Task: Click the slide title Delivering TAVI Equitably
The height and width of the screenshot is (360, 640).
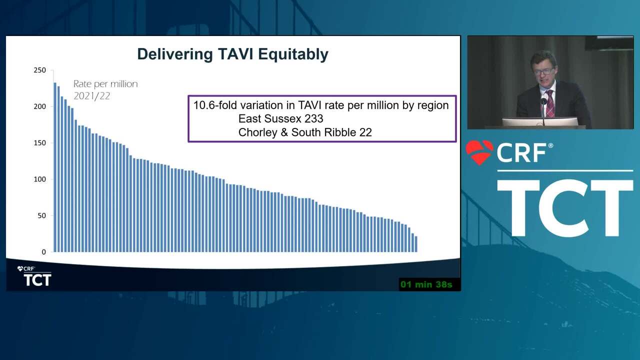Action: (x=232, y=54)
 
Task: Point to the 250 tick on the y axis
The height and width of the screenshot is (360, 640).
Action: (x=39, y=70)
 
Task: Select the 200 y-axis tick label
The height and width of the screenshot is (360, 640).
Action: (x=39, y=106)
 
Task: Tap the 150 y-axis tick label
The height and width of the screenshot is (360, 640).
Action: (x=39, y=143)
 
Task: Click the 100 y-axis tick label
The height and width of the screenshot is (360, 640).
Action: (x=39, y=179)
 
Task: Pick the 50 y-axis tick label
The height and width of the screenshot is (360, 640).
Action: (x=41, y=215)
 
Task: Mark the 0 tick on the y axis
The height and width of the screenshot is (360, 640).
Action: (x=43, y=252)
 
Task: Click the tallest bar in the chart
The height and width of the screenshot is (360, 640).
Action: (x=55, y=167)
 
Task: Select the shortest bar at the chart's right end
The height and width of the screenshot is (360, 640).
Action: (x=416, y=244)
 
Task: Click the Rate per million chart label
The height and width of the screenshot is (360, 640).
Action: (x=105, y=84)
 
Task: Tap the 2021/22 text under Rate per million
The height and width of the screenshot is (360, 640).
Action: (x=91, y=96)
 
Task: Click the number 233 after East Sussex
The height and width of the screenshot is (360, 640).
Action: (x=313, y=118)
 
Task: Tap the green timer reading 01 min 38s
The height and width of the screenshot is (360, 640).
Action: (x=426, y=284)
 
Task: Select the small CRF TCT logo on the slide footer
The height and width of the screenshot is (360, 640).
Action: (x=34, y=276)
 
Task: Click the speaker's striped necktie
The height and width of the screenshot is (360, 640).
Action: (x=550, y=103)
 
